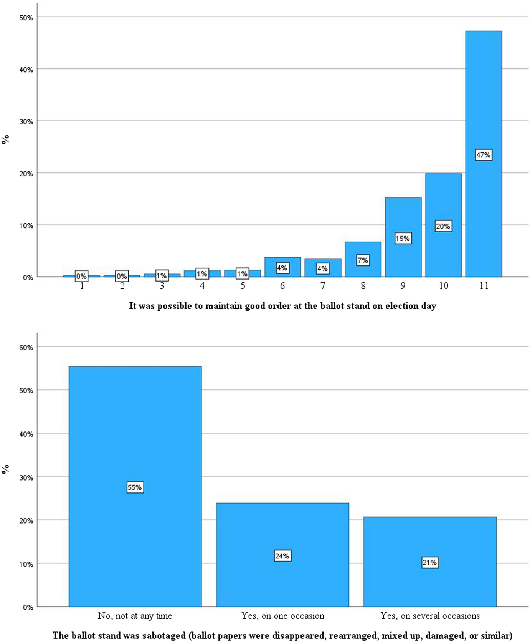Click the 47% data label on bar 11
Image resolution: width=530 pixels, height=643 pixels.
(x=483, y=155)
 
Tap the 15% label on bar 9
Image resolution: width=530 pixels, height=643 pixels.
(x=403, y=239)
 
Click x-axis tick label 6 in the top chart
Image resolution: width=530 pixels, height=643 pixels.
(x=282, y=286)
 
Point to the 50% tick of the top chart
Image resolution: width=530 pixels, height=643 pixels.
(x=26, y=18)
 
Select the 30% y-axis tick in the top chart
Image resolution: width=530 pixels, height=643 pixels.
(x=26, y=122)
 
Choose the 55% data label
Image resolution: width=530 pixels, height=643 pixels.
(x=135, y=487)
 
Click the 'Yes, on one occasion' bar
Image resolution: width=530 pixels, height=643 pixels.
(x=282, y=530)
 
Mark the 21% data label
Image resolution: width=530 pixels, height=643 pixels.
(x=429, y=563)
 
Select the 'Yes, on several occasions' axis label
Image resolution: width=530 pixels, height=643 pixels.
(x=430, y=616)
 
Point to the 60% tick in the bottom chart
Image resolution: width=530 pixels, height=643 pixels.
(x=26, y=347)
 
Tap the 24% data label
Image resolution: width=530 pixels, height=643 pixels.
(x=282, y=556)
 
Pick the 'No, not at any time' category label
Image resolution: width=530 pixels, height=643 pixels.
(x=135, y=616)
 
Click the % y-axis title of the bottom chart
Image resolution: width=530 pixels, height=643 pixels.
(x=5, y=469)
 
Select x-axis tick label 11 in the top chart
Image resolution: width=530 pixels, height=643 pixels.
(x=484, y=286)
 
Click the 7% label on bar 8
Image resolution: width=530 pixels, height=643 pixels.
(x=363, y=260)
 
